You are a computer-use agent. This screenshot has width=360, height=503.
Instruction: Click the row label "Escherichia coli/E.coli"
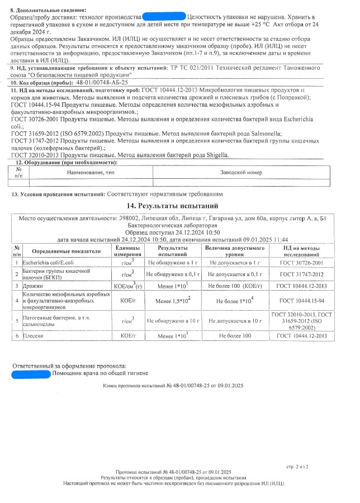[x=45, y=262]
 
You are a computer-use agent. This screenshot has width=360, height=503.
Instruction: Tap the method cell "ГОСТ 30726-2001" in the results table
[x=302, y=262]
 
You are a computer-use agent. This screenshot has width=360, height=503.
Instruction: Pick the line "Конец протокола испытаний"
[x=173, y=386]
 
